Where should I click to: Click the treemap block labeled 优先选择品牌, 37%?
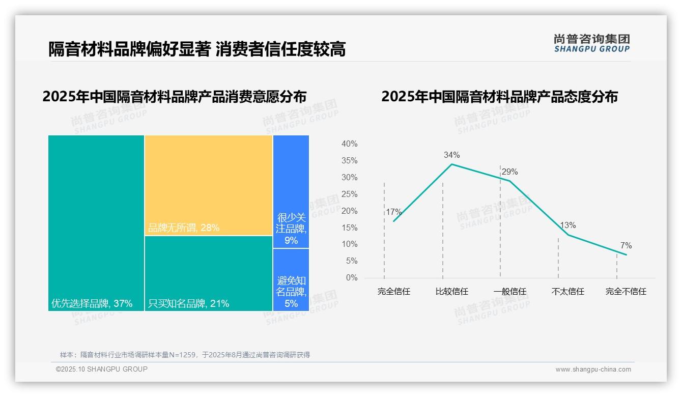coord(96,223)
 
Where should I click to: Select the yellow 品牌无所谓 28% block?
coord(209,185)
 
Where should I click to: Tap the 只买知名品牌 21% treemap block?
coord(209,273)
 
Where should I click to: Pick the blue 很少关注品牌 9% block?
coord(291,191)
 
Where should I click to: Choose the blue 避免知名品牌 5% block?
coord(291,280)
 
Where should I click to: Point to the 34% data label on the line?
coord(451,155)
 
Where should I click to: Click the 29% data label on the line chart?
coord(509,172)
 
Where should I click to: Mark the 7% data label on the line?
coord(626,246)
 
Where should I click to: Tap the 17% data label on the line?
coord(393,212)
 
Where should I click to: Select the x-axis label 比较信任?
coord(451,292)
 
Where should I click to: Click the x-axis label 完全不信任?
coord(626,292)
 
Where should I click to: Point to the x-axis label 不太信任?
coord(568,292)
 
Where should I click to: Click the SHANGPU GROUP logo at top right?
coord(591,43)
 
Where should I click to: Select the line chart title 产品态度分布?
coord(499,97)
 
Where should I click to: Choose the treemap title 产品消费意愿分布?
coord(175,97)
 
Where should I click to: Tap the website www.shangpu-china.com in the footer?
coord(593,370)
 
